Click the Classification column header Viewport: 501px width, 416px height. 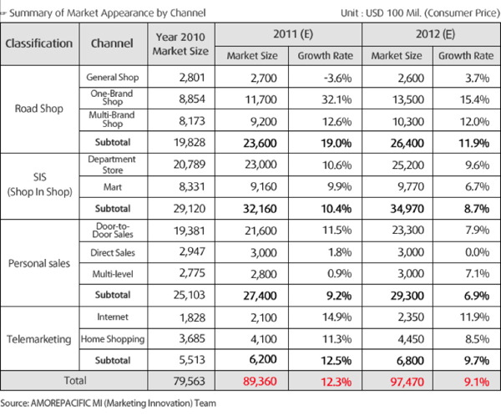[x=39, y=43]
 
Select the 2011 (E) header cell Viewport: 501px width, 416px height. [x=293, y=34]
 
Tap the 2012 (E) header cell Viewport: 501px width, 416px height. [x=435, y=34]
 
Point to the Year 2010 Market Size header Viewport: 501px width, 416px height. [x=180, y=43]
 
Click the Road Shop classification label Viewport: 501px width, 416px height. [x=39, y=109]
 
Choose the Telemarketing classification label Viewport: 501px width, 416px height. [x=39, y=339]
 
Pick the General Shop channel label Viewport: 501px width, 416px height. [x=113, y=77]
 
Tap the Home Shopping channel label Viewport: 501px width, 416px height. [x=113, y=339]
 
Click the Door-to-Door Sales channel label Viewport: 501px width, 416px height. [x=113, y=231]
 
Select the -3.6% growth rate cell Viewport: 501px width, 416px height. [x=337, y=78]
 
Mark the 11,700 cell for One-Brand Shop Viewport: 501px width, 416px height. [x=261, y=99]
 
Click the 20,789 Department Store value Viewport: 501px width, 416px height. [x=190, y=165]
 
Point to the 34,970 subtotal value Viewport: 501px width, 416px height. [x=407, y=209]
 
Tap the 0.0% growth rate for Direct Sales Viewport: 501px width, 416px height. [x=477, y=252]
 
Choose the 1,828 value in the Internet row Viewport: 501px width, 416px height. [x=192, y=317]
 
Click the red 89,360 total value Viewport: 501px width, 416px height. [x=260, y=381]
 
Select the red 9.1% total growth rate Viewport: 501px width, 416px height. [x=477, y=382]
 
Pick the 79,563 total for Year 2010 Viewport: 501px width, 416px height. [x=190, y=381]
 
